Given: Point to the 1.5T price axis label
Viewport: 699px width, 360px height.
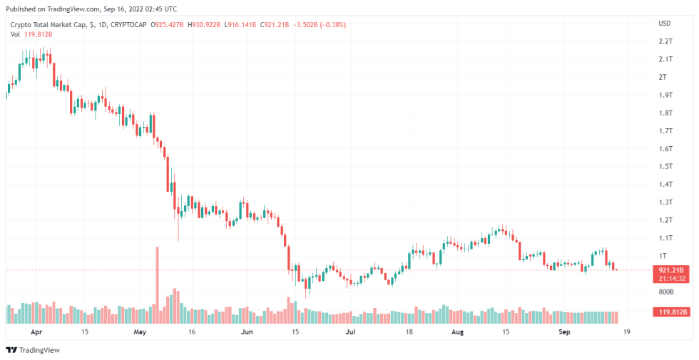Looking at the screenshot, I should click(665, 166).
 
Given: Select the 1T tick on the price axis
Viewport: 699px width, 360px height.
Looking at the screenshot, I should click(663, 255).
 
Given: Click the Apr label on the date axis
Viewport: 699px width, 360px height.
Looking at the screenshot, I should click(37, 332).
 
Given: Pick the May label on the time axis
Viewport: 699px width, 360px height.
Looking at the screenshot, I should click(140, 332).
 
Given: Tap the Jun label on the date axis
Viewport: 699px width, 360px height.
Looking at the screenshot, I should click(247, 332).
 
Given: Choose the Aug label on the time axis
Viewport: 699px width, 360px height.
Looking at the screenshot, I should click(458, 332).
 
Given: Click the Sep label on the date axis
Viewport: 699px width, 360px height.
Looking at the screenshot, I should click(564, 332).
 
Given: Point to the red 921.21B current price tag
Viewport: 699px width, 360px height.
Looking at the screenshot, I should click(670, 270).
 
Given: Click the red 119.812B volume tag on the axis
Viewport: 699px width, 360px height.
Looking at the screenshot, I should click(670, 312).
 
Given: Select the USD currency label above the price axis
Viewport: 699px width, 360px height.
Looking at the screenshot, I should click(664, 23).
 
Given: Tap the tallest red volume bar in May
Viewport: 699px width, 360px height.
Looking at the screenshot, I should click(158, 285).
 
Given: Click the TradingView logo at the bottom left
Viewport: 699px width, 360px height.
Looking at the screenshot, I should click(33, 350).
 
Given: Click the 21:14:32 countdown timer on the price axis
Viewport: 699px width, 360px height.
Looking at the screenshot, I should click(670, 279).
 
